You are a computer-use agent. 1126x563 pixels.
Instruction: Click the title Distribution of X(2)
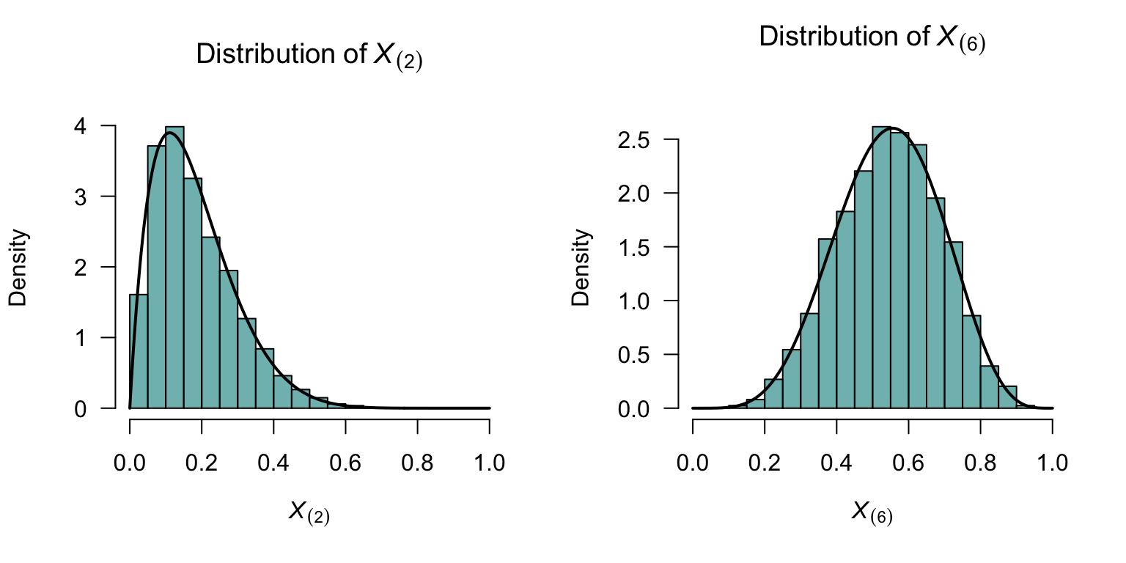click(x=309, y=56)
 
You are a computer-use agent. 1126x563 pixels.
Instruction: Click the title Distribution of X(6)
click(x=872, y=38)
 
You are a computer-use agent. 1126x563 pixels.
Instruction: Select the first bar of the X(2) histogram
click(x=139, y=352)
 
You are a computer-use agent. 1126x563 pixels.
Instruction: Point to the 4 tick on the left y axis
click(x=107, y=126)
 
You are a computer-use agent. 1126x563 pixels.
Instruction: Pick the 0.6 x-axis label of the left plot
click(x=345, y=464)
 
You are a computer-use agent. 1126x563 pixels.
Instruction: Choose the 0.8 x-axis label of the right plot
click(x=980, y=464)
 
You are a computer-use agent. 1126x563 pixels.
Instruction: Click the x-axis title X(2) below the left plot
click(x=309, y=512)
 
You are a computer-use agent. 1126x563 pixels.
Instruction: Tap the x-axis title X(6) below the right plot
click(x=872, y=512)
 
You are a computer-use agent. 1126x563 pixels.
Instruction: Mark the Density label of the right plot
click(x=581, y=267)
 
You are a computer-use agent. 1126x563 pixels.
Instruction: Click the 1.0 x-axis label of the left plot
click(x=489, y=464)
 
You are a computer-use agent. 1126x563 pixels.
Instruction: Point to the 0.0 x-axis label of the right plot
click(x=693, y=464)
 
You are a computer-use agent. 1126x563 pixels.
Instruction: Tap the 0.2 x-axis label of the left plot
click(x=202, y=464)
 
